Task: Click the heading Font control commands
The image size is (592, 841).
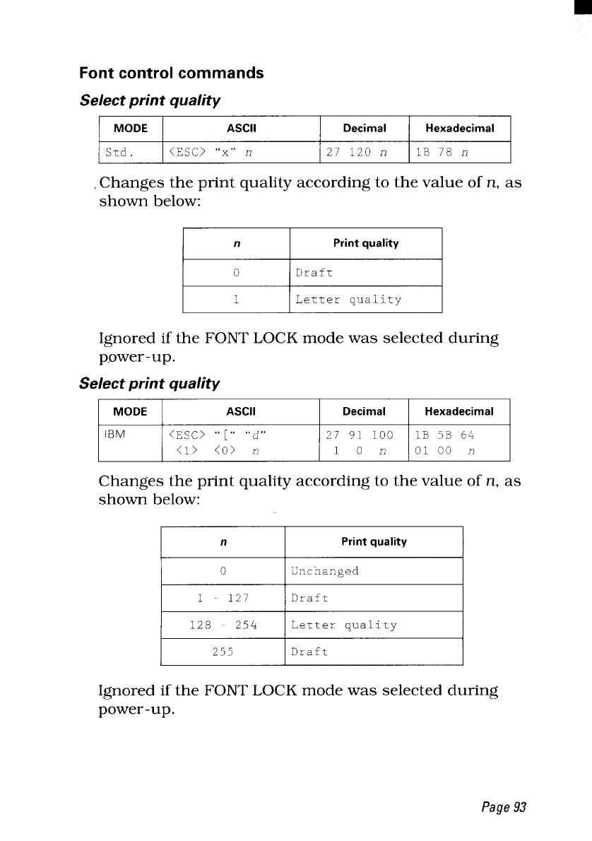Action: (172, 73)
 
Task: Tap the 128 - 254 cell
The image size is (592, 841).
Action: (223, 625)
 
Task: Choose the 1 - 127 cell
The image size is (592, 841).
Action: (223, 598)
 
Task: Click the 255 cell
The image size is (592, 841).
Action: (223, 652)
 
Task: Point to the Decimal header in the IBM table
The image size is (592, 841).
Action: (364, 411)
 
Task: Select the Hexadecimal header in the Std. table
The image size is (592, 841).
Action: (459, 128)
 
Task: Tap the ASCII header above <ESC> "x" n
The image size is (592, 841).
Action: (241, 128)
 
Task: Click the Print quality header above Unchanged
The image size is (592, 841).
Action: (374, 542)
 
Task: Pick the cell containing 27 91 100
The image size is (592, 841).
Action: (364, 442)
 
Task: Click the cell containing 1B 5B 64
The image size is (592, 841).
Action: (459, 442)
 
